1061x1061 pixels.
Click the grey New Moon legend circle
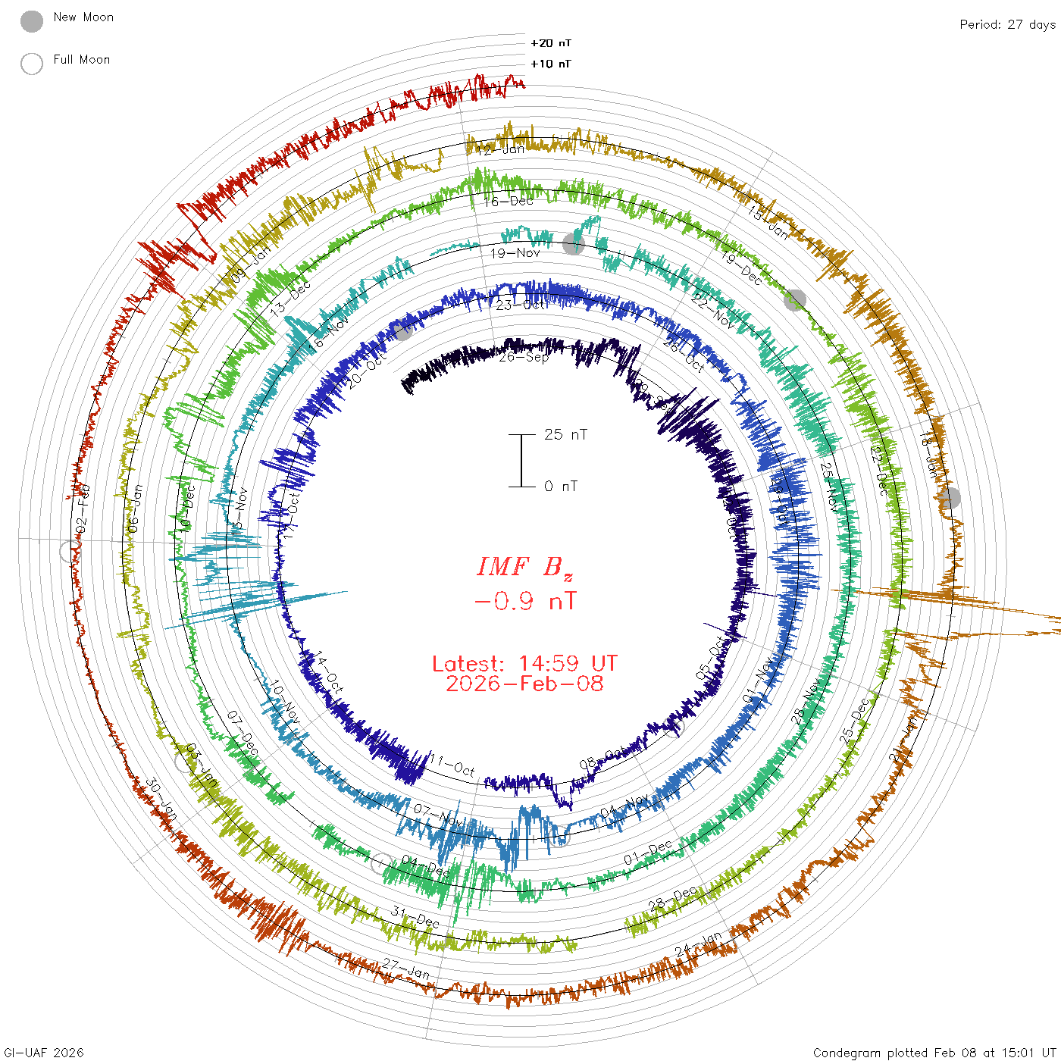pyautogui.click(x=32, y=22)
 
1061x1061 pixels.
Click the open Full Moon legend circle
pyautogui.click(x=32, y=64)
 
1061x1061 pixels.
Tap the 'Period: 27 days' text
pyautogui.click(x=1007, y=24)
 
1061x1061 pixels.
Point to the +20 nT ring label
pyautogui.click(x=550, y=43)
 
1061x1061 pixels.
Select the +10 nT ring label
pyautogui.click(x=550, y=64)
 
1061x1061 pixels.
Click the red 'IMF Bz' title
pyautogui.click(x=524, y=567)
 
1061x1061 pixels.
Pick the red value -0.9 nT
pyautogui.click(x=524, y=602)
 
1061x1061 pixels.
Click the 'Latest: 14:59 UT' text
pyautogui.click(x=524, y=664)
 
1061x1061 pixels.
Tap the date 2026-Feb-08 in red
pyautogui.click(x=524, y=684)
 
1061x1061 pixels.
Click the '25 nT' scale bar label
pyautogui.click(x=565, y=434)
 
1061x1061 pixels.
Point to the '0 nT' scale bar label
pyautogui.click(x=561, y=486)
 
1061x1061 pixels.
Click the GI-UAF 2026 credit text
pyautogui.click(x=44, y=1053)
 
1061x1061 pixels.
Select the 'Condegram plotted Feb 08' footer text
pyautogui.click(x=934, y=1053)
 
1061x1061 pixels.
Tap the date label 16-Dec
pyautogui.click(x=509, y=201)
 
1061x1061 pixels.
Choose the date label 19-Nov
pyautogui.click(x=515, y=253)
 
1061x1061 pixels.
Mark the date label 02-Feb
pyautogui.click(x=83, y=508)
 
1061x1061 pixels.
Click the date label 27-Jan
pyautogui.click(x=406, y=968)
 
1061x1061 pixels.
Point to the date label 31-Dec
pyautogui.click(x=415, y=917)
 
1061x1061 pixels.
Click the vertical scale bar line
pyautogui.click(x=521, y=460)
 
